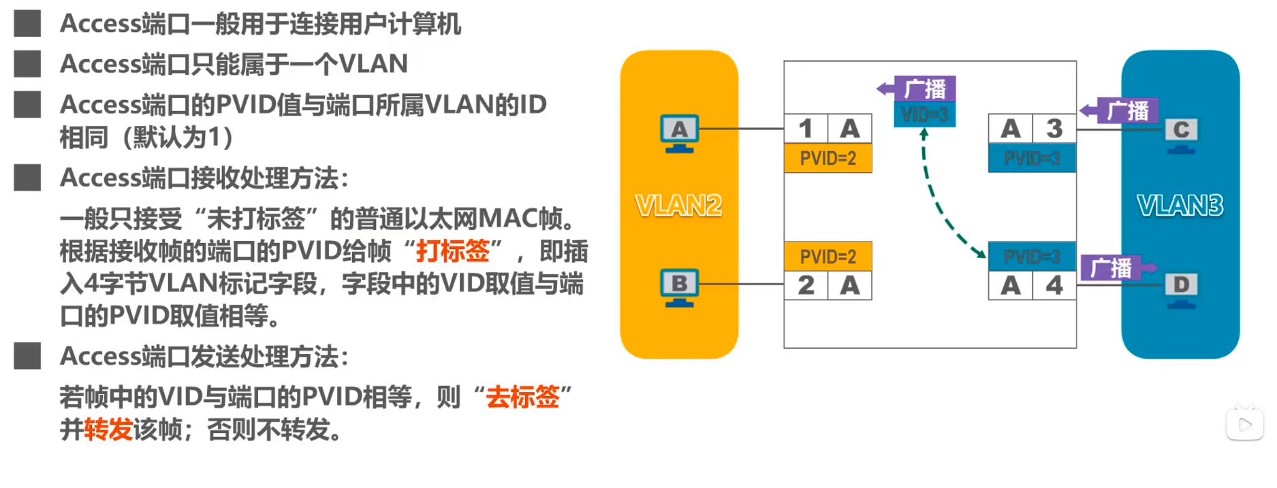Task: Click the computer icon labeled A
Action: click(679, 132)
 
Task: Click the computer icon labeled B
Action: click(679, 287)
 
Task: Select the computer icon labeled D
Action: click(1181, 289)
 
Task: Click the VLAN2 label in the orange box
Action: click(678, 206)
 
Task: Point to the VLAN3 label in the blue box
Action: click(1180, 206)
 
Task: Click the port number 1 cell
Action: click(806, 129)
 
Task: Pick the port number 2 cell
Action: click(806, 285)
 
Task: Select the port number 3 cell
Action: click(1054, 129)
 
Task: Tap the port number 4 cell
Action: click(1054, 285)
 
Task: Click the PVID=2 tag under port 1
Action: click(827, 159)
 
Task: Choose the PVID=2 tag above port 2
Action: click(827, 257)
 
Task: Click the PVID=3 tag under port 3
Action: click(1032, 159)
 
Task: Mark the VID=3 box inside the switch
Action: click(924, 114)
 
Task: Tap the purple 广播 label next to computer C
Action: click(1127, 110)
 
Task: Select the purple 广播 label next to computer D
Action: click(1112, 268)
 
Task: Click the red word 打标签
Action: click(453, 251)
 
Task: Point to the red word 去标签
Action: click(522, 397)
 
